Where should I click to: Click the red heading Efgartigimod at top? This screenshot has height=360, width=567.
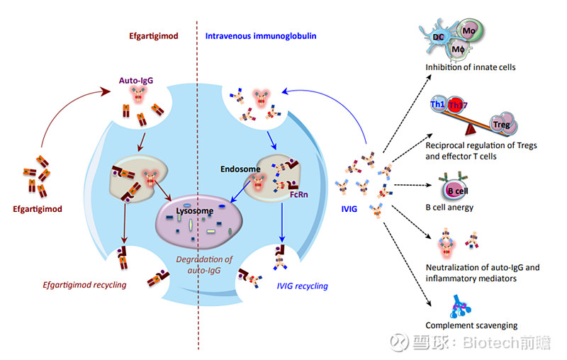pyautogui.click(x=154, y=36)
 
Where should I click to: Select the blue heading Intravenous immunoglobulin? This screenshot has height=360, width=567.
pyautogui.click(x=261, y=36)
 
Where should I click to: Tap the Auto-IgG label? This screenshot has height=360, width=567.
pyautogui.click(x=136, y=81)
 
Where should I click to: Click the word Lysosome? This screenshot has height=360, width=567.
pyautogui.click(x=194, y=211)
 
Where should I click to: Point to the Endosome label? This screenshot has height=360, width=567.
pyautogui.click(x=240, y=169)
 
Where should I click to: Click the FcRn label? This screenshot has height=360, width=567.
pyautogui.click(x=299, y=195)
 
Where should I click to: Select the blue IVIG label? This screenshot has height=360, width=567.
pyautogui.click(x=349, y=209)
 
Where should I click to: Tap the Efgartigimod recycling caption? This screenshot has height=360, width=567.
pyautogui.click(x=84, y=285)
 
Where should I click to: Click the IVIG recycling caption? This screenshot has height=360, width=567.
pyautogui.click(x=303, y=286)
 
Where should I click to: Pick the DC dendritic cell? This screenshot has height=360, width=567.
pyautogui.click(x=439, y=37)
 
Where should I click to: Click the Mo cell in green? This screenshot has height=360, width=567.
pyautogui.click(x=470, y=31)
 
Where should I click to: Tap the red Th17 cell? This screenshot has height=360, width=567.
pyautogui.click(x=456, y=105)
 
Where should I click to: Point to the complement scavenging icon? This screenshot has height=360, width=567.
pyautogui.click(x=460, y=307)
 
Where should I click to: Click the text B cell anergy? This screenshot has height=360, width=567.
pyautogui.click(x=449, y=208)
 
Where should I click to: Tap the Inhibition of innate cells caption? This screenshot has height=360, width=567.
pyautogui.click(x=471, y=67)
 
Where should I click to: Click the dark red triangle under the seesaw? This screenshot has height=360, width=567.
pyautogui.click(x=471, y=130)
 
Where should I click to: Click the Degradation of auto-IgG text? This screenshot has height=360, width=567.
pyautogui.click(x=204, y=265)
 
